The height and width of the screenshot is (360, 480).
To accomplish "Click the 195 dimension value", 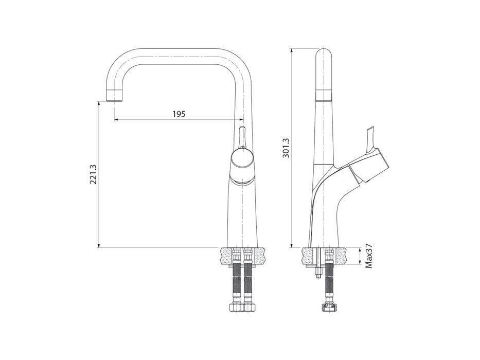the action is (179, 114).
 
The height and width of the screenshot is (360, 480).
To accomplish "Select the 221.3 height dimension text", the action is (93, 174).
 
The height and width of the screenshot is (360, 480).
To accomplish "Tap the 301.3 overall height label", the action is (286, 148).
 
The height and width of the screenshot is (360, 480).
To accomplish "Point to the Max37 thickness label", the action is (369, 256).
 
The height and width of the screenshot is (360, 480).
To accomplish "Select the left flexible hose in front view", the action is (237, 283).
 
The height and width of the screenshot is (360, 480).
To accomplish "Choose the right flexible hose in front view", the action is (247, 283).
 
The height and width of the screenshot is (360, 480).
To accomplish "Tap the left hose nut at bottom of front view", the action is (236, 307).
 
